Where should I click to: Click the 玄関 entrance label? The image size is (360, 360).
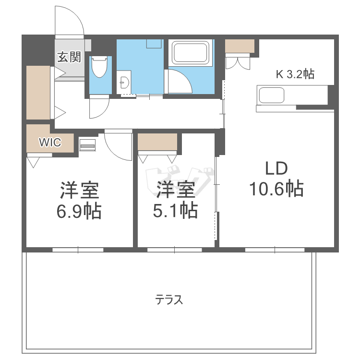click(x=69, y=58)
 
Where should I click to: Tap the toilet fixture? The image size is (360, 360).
click(x=99, y=67)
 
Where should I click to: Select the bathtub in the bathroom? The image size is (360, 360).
click(x=191, y=53)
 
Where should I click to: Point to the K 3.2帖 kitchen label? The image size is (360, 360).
click(x=295, y=74)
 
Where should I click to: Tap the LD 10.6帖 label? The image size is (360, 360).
click(x=276, y=179)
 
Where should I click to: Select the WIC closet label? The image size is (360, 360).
click(x=50, y=143)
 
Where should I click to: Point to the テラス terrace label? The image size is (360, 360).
click(x=169, y=300)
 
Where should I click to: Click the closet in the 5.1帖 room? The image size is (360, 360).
click(x=157, y=143)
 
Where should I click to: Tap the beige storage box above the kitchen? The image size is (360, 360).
click(x=240, y=46)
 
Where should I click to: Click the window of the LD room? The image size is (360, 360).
click(x=275, y=250)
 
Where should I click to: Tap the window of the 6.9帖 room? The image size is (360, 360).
click(x=78, y=250)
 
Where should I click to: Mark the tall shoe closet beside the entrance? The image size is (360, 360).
click(x=38, y=93)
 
